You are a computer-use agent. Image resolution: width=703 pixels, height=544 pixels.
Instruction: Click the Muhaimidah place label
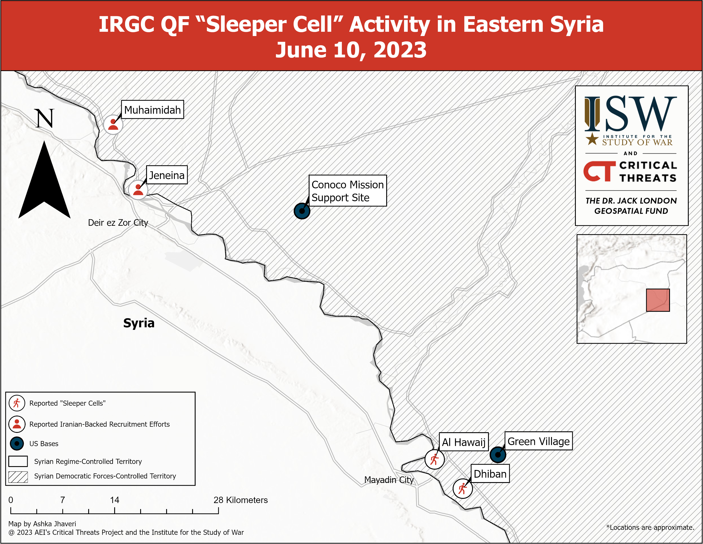152,110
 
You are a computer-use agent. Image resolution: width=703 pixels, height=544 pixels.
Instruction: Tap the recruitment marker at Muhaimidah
113,124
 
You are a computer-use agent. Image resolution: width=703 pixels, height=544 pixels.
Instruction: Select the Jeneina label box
167,175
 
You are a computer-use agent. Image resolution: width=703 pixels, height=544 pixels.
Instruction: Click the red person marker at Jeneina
138,190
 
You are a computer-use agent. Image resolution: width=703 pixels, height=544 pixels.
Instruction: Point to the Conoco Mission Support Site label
348,191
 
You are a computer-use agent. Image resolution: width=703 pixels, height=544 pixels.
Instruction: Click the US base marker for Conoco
302,211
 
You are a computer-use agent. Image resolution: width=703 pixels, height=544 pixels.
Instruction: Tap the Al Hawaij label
464,442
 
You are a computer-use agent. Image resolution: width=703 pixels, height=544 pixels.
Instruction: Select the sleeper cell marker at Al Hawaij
435,459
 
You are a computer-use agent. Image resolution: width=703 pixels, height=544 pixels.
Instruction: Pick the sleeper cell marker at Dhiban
462,489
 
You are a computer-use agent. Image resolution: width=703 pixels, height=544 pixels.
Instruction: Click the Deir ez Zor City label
118,223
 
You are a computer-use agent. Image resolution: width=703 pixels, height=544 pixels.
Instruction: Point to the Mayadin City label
389,480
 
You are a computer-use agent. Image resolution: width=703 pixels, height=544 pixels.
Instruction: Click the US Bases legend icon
17,444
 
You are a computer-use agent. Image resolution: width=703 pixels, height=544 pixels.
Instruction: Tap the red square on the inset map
658,300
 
